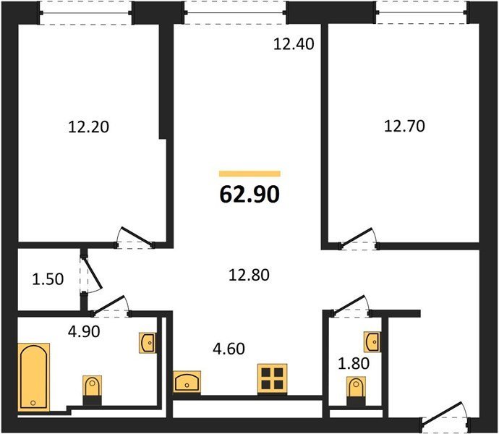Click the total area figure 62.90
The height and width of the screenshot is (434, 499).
pos(249,195)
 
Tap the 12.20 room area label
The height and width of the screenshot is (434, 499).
pos(89,127)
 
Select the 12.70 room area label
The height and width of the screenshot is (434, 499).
pos(404,126)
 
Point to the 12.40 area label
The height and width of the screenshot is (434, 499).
pos(294,44)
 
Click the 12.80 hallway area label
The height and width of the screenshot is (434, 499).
pos(249,275)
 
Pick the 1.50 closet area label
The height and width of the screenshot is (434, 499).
pos(48,279)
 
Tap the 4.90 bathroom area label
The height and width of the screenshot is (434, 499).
pos(84,332)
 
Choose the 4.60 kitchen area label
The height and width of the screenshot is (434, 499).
pos(229,349)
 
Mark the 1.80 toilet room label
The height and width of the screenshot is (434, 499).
pos(353,363)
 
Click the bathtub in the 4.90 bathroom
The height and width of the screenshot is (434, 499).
pos(33,378)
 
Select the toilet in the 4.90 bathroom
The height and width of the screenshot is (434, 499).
pos(93,390)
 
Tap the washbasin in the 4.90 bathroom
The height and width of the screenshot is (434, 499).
pos(148,343)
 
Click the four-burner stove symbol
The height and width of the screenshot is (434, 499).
pos(272,378)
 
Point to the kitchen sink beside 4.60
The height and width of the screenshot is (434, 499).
pos(187,381)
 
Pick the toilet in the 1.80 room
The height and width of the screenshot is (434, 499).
pos(356,391)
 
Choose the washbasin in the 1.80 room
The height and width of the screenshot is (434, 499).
pos(372,341)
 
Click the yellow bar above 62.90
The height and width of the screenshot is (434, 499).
pos(249,174)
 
